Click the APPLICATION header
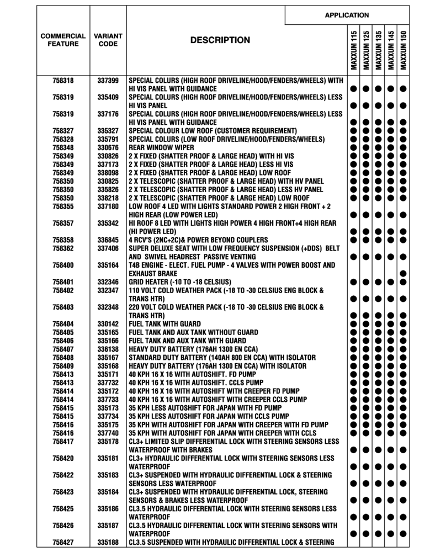347,15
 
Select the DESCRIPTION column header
220,40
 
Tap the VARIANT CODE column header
108,40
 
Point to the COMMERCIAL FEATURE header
63,40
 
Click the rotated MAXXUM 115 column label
353,50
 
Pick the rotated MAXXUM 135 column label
379,50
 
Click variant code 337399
108,81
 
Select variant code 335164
108,266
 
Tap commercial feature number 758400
63,266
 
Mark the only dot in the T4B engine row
403,274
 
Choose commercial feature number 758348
63,148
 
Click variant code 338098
108,173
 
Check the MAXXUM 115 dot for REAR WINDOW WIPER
353,148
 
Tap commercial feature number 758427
63,542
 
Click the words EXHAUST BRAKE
152,274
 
